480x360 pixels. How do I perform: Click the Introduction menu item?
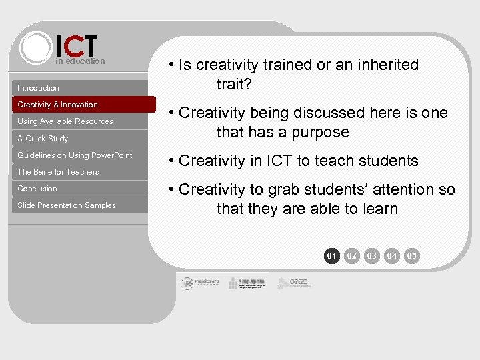(38, 88)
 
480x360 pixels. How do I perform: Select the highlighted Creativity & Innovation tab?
(57, 105)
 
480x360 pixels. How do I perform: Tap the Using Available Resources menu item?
(65, 121)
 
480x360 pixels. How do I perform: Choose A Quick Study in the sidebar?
(43, 139)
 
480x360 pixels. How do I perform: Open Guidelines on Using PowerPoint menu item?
(75, 155)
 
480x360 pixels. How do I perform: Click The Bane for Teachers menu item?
(58, 172)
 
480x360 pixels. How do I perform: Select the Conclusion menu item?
(37, 189)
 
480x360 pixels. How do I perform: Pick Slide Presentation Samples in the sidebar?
(67, 205)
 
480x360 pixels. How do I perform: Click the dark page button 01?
(331, 255)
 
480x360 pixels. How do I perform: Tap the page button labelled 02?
(352, 255)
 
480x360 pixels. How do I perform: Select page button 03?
(372, 255)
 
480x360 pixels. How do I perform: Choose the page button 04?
(392, 255)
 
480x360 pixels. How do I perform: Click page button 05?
(412, 255)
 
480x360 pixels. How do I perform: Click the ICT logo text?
(76, 46)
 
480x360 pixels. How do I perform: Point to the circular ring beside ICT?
(35, 47)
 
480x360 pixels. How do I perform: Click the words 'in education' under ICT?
(80, 61)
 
